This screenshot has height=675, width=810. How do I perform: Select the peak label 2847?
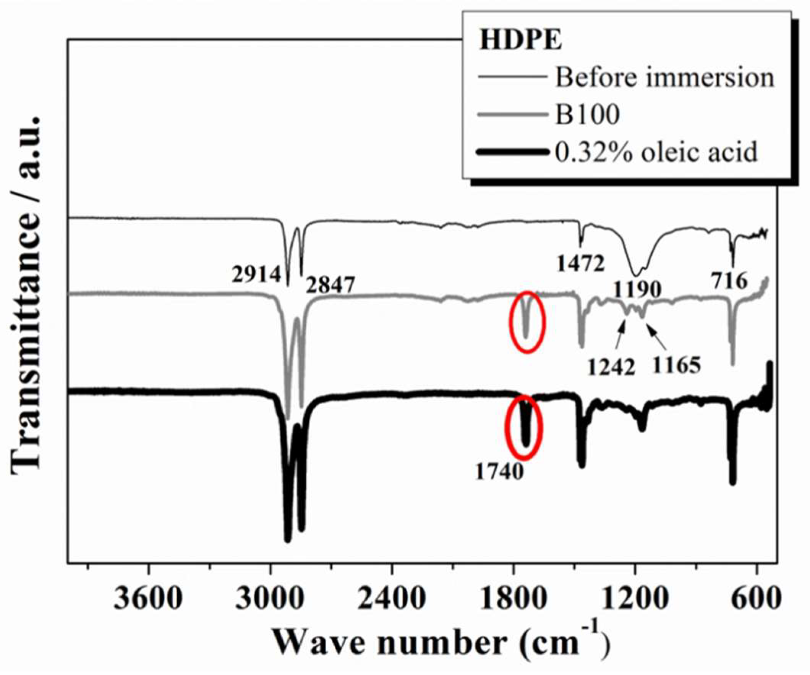tap(330, 286)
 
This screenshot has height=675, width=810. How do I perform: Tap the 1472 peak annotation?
tap(580, 264)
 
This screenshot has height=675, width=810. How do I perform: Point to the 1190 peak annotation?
tap(637, 289)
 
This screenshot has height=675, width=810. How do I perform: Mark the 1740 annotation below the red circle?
tap(499, 472)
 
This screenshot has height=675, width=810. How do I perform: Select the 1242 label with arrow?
tap(611, 367)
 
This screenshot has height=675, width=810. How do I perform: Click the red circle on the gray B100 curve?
tap(527, 321)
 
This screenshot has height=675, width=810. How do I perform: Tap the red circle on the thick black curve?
tap(524, 427)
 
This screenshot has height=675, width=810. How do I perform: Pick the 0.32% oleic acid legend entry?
tap(656, 152)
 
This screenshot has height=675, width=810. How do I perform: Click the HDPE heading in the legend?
tap(520, 40)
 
